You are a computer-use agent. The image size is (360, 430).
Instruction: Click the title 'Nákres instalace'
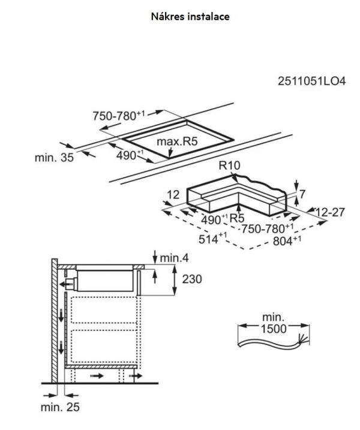coord(190,16)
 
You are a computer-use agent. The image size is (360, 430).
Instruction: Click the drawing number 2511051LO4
coord(310,82)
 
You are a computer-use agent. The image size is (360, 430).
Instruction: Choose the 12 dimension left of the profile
coord(173,194)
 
